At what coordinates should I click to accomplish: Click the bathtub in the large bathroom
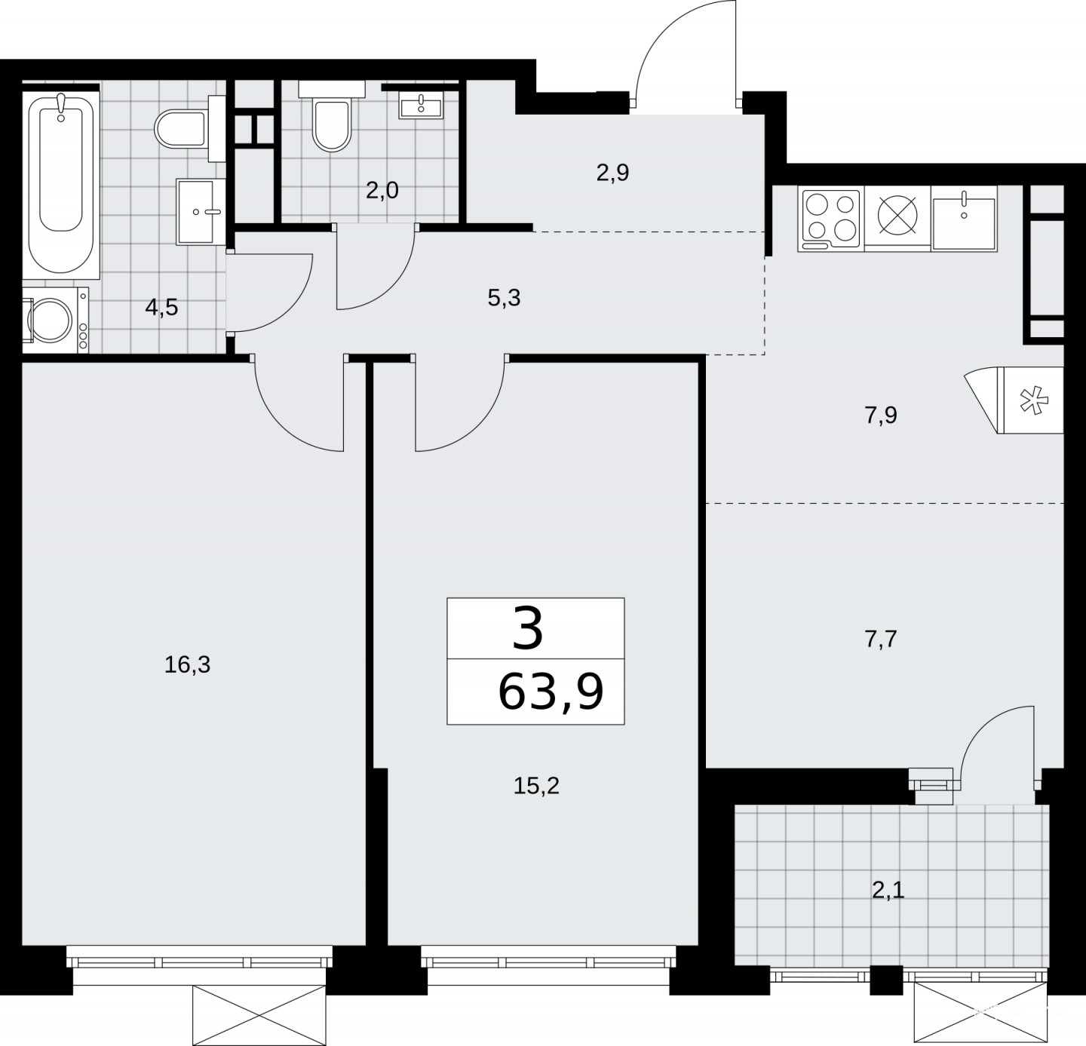(61, 184)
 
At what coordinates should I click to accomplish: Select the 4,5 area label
(161, 308)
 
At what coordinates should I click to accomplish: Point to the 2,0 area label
(382, 191)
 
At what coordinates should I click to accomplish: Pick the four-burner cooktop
(831, 218)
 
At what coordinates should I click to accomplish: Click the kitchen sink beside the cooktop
(964, 218)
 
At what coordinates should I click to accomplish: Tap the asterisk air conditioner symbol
(1033, 400)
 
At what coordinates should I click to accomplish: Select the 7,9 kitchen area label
(881, 416)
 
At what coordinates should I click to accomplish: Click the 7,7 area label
(881, 639)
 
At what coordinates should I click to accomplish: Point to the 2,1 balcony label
(888, 891)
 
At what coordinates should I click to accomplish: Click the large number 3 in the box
(527, 630)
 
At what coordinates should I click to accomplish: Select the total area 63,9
(551, 692)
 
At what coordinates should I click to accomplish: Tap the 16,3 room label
(187, 664)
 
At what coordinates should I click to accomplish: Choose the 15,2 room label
(535, 786)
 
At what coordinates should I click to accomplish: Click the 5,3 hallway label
(504, 299)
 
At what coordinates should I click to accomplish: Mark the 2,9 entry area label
(612, 173)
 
